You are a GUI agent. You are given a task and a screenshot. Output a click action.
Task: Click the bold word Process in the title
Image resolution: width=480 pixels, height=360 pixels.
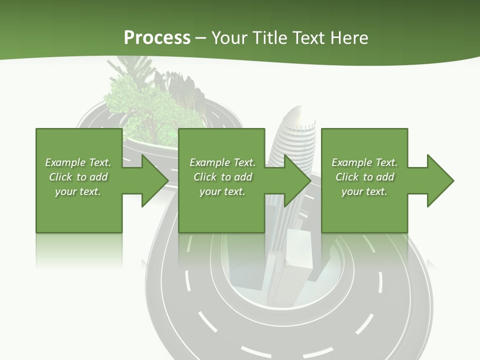click(157, 37)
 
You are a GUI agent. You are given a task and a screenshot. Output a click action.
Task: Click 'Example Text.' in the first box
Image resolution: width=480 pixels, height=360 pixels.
click(78, 162)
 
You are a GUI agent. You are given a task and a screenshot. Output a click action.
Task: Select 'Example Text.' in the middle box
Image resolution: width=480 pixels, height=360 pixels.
click(222, 162)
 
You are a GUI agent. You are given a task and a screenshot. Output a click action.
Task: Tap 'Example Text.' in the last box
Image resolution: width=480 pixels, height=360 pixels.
click(364, 162)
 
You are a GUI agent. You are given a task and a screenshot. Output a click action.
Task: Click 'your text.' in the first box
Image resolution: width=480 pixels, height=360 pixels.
click(78, 191)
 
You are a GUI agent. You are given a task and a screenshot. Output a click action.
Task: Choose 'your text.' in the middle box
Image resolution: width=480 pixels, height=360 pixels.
click(222, 191)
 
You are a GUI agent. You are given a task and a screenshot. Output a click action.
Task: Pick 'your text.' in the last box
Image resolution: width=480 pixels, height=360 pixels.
click(364, 191)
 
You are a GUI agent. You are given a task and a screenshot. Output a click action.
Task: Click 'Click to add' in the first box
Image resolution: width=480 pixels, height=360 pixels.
click(78, 177)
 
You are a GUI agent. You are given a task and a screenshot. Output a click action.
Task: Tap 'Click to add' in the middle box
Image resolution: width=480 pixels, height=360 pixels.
click(222, 177)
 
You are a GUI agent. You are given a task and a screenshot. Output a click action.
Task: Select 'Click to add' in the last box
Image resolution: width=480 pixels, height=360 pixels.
click(364, 177)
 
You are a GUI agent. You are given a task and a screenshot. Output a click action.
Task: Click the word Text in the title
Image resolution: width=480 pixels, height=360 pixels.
click(310, 37)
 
